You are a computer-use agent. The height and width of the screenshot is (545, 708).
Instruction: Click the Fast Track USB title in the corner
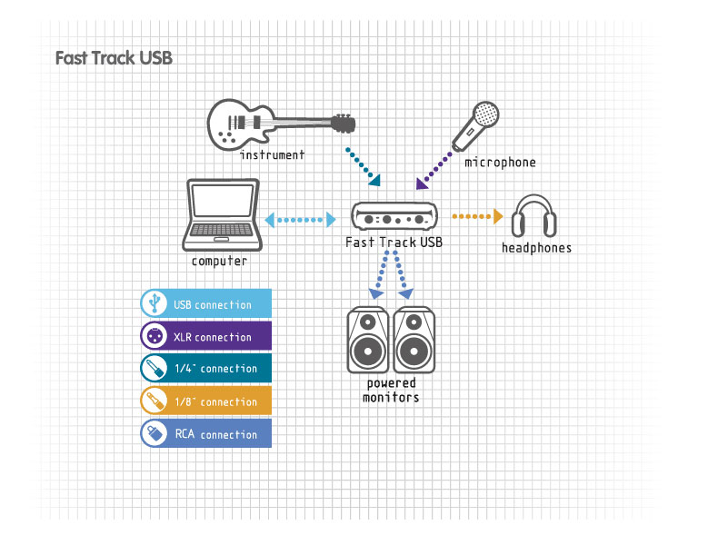pyautogui.click(x=114, y=58)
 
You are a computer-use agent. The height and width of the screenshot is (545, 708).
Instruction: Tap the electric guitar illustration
pyautogui.click(x=281, y=124)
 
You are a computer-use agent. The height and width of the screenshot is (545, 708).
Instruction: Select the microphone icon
pyautogui.click(x=475, y=126)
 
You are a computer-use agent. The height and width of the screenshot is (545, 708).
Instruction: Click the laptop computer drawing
pyautogui.click(x=222, y=214)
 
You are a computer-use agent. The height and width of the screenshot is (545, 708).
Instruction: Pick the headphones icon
pyautogui.click(x=533, y=215)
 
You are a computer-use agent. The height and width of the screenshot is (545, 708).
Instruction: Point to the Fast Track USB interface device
pyautogui.click(x=394, y=216)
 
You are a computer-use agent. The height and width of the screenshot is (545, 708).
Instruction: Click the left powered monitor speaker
pyautogui.click(x=368, y=340)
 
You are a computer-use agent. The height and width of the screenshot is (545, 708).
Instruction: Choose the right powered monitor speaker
pyautogui.click(x=414, y=340)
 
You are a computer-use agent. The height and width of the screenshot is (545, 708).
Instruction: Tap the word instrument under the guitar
pyautogui.click(x=273, y=154)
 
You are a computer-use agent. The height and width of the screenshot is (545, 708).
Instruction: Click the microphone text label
pyautogui.click(x=500, y=162)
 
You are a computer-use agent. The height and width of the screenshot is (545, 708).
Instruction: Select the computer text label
pyautogui.click(x=219, y=261)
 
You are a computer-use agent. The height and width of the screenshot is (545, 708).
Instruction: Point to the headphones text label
pyautogui.click(x=536, y=247)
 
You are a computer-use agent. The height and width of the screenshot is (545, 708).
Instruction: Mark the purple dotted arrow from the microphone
pyautogui.click(x=434, y=171)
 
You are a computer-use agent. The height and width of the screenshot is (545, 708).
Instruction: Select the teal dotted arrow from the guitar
pyautogui.click(x=363, y=166)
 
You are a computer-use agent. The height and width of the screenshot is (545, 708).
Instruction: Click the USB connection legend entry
pyautogui.click(x=206, y=303)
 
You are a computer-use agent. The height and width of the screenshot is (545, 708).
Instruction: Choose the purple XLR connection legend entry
pyautogui.click(x=206, y=336)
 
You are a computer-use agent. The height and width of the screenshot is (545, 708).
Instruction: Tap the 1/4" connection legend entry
pyautogui.click(x=206, y=369)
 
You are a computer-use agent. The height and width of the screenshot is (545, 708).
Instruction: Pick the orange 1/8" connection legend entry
pyautogui.click(x=206, y=401)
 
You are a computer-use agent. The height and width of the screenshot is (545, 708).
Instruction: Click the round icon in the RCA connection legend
pyautogui.click(x=155, y=433)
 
